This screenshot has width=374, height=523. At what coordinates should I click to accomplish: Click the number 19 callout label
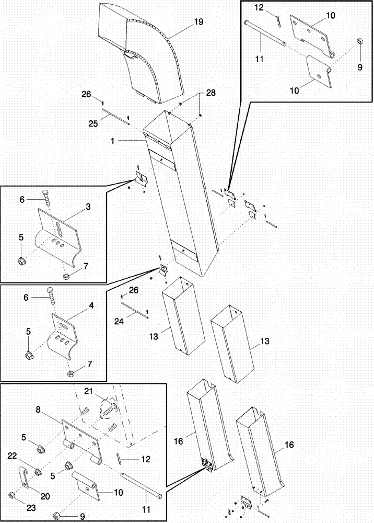pyautogui.click(x=199, y=22)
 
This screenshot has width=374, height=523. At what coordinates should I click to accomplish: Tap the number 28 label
pyautogui.click(x=210, y=93)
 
